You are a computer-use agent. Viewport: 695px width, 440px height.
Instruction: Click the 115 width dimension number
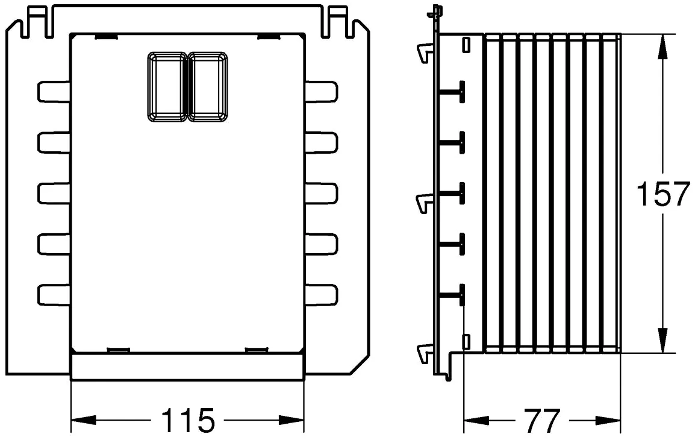point(187,420)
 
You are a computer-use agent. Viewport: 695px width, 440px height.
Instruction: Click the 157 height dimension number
point(663,194)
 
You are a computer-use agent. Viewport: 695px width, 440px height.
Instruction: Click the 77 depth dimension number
point(541,420)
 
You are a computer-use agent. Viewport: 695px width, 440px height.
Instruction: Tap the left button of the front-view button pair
point(167,86)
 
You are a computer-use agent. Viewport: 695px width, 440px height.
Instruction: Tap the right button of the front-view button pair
point(208,86)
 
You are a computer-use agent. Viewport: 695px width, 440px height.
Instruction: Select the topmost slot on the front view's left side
point(54,92)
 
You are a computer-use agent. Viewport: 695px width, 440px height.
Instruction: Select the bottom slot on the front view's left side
point(54,295)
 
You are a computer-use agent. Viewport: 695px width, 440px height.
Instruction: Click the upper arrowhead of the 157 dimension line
point(662,46)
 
